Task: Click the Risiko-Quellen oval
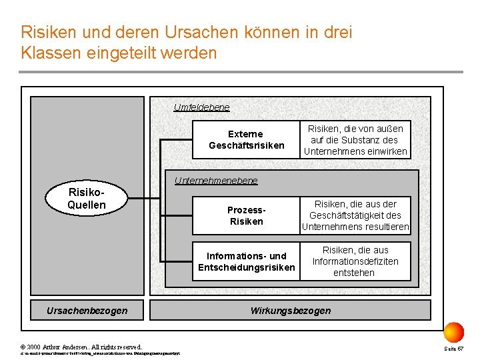click(x=87, y=198)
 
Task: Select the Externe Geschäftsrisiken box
click(x=246, y=139)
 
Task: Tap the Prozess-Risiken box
click(x=246, y=215)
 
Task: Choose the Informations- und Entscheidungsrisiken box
click(x=246, y=261)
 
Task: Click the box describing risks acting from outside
click(x=355, y=139)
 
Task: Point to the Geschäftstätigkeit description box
click(x=355, y=215)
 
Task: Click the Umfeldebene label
click(x=201, y=107)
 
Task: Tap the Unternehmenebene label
click(x=215, y=181)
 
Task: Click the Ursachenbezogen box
click(x=87, y=311)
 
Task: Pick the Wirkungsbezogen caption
click(x=290, y=311)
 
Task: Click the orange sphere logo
click(x=453, y=332)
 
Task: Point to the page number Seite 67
click(x=454, y=348)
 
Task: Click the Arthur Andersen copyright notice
click(x=81, y=347)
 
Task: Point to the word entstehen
click(x=354, y=273)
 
